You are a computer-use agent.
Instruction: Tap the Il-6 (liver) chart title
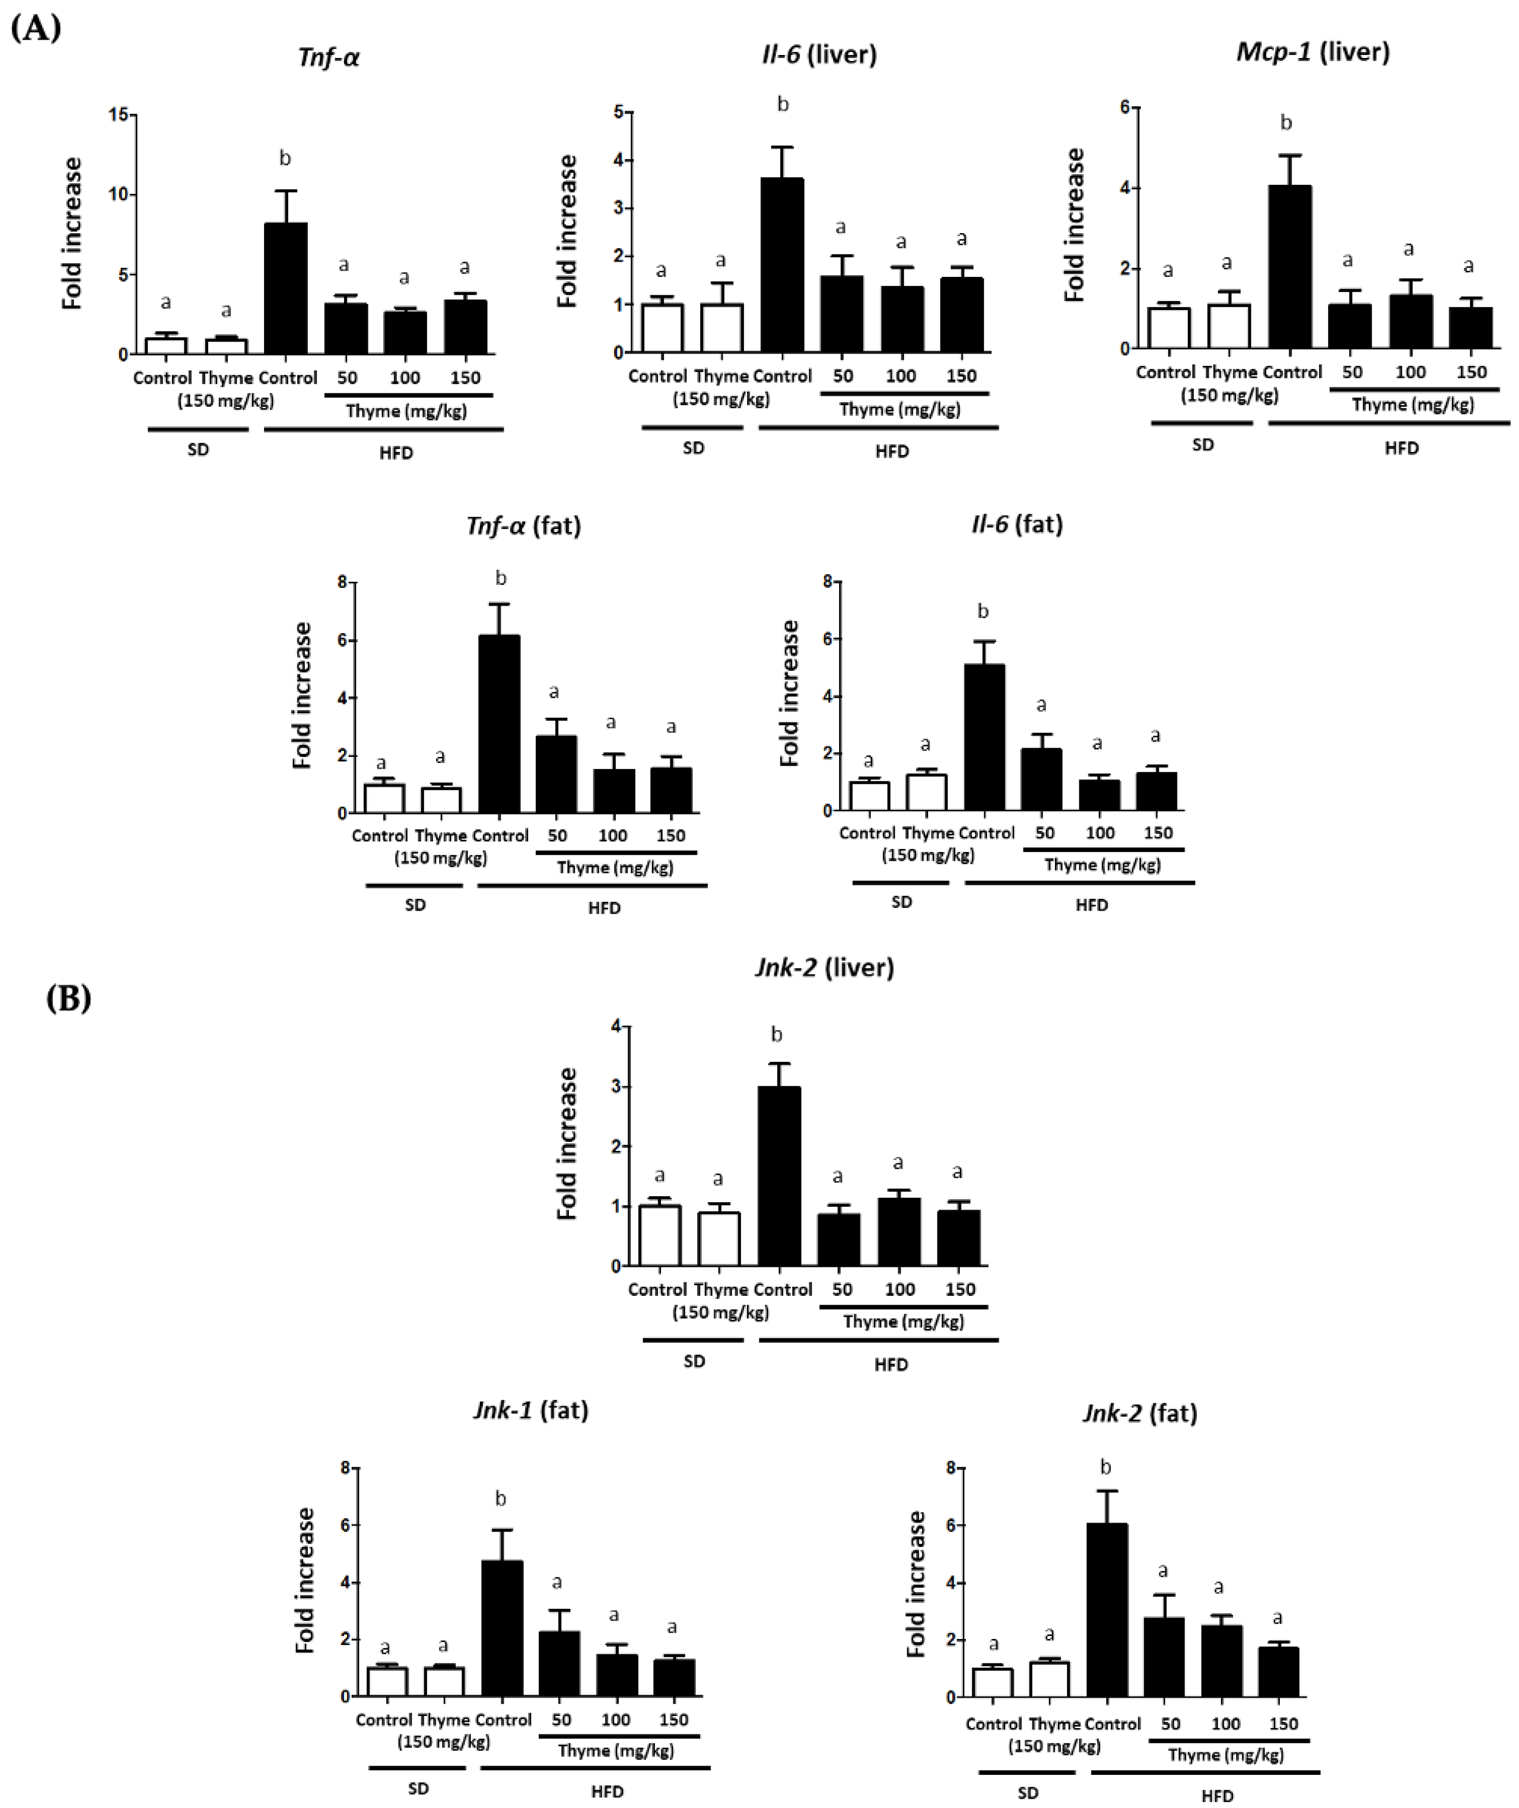[x=819, y=54]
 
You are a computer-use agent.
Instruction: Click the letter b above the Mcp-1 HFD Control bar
[x=1285, y=123]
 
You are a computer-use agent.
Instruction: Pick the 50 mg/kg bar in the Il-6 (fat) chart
[x=1042, y=779]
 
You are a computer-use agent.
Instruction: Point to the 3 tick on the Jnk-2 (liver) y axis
[x=615, y=1087]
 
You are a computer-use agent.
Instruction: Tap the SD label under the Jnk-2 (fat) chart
[x=1027, y=1793]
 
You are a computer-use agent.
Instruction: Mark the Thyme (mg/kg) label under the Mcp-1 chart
[x=1412, y=404]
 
